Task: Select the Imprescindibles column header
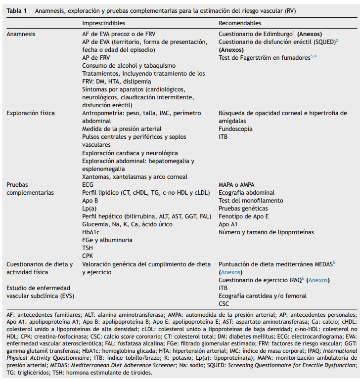[103, 23]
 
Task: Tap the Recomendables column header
[240, 23]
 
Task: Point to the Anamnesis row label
[21, 34]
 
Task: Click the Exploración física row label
[31, 113]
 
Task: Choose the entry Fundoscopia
[235, 129]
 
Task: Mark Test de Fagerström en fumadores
[264, 58]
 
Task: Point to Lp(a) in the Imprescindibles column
[90, 209]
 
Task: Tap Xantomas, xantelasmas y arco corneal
[135, 177]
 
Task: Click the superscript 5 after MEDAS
[334, 262]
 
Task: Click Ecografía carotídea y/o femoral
[263, 296]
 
